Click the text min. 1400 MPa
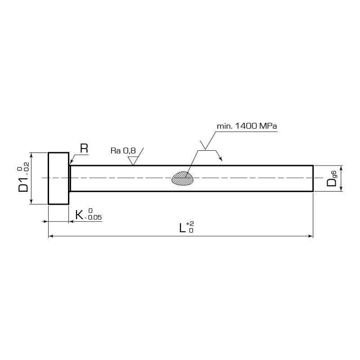tap(247, 126)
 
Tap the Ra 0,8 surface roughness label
tap(123, 151)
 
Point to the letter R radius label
tap(84, 148)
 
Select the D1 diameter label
tap(23, 184)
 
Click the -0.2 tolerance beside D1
tap(27, 168)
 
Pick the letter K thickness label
tap(79, 216)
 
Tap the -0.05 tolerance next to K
tap(93, 218)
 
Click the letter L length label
tap(182, 228)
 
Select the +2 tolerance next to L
tap(190, 224)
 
